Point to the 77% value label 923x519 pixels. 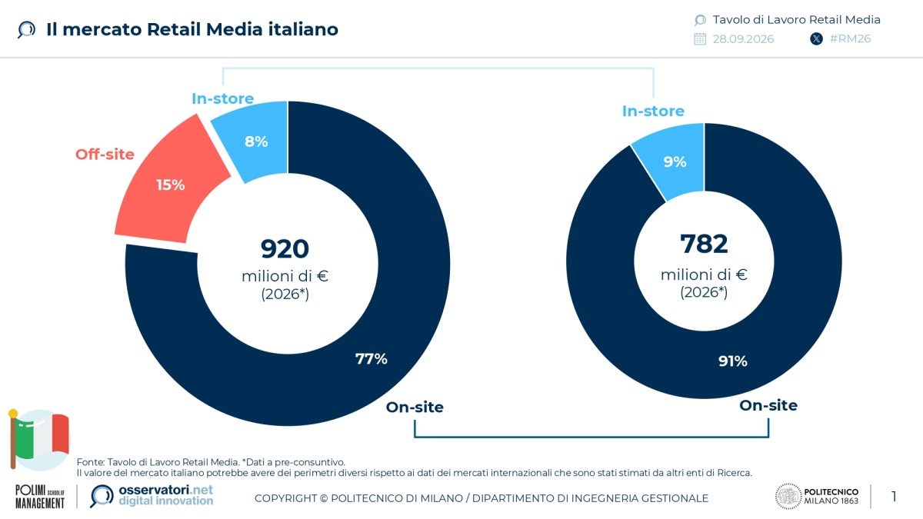click(x=372, y=359)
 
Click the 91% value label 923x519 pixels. click(x=732, y=361)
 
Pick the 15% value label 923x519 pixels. click(x=171, y=185)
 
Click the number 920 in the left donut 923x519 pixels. click(x=285, y=249)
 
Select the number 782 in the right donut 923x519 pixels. click(x=704, y=244)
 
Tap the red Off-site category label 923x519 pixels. click(x=105, y=155)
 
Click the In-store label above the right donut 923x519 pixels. click(x=653, y=111)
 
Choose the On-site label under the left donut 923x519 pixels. click(x=415, y=407)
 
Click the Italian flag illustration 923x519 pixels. click(x=39, y=440)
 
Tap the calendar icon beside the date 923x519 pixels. click(x=700, y=39)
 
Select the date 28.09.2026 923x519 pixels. click(x=743, y=39)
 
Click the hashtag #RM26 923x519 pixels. click(x=850, y=38)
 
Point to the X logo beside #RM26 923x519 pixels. click(x=816, y=39)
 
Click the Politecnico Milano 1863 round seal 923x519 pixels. click(x=788, y=497)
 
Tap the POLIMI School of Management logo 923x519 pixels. click(x=40, y=497)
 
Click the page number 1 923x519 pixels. click(x=894, y=497)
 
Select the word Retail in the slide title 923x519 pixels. click(x=174, y=30)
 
